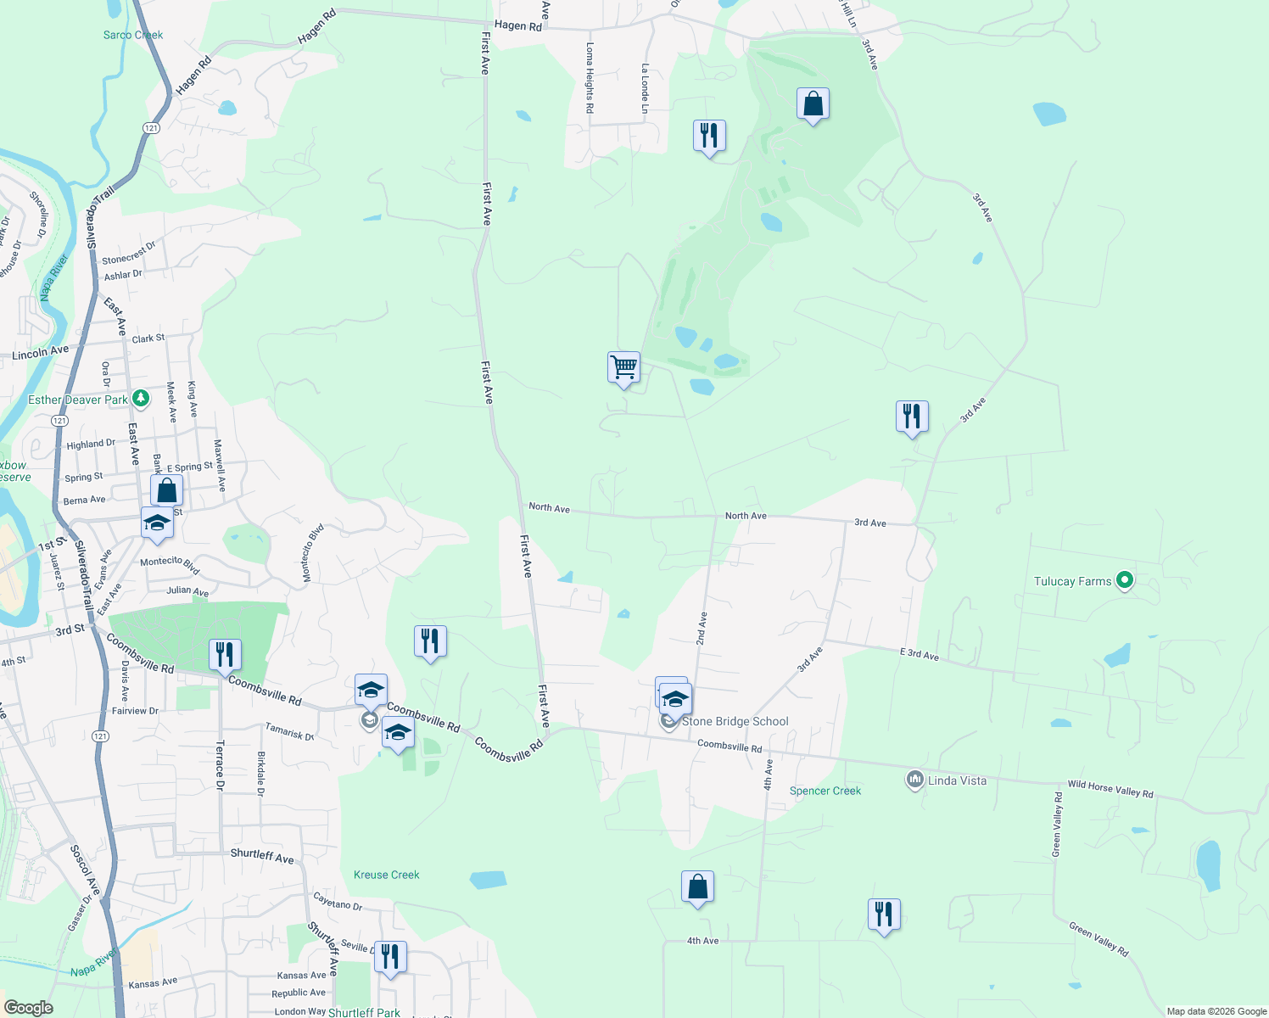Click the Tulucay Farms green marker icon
tap(1125, 581)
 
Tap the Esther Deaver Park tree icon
tap(141, 398)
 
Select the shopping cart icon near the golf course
tap(623, 367)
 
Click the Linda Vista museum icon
tap(914, 780)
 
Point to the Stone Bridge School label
tap(735, 721)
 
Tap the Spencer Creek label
tap(825, 791)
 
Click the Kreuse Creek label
tap(386, 875)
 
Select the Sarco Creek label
tap(133, 35)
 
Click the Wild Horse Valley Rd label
tap(1110, 789)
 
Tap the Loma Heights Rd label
tap(590, 78)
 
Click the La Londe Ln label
tap(645, 88)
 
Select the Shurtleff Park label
tap(364, 1012)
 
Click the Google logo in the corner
tap(29, 1008)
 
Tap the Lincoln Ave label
tap(40, 352)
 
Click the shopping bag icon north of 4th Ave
tap(697, 887)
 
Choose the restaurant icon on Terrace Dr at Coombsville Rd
tap(225, 655)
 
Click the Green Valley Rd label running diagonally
tap(1098, 940)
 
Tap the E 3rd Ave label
tap(920, 654)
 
